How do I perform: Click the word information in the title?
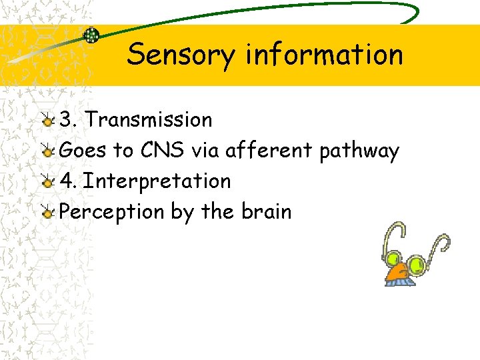(324, 55)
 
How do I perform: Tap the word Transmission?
(149, 120)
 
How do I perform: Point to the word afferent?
(269, 151)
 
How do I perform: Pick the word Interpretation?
(157, 181)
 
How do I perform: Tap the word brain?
(266, 211)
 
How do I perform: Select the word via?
(205, 151)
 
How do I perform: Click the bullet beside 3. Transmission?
(47, 121)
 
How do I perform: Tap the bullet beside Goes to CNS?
(47, 151)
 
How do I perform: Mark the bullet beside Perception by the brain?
(47, 213)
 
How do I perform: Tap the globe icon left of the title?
(91, 35)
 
